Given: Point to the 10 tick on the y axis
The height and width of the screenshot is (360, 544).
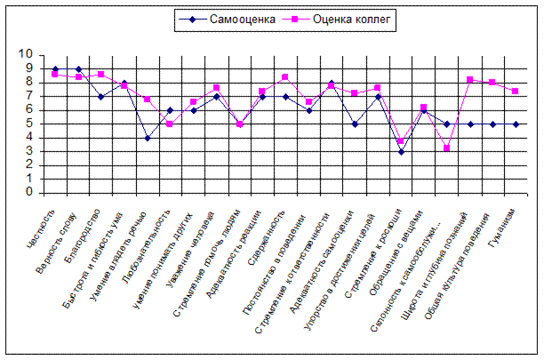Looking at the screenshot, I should [26, 55].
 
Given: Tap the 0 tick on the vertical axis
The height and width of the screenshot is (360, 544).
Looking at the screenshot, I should [29, 192].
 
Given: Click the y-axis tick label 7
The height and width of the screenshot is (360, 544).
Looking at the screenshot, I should [29, 96].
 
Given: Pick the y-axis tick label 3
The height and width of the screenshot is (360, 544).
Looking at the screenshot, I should [29, 151].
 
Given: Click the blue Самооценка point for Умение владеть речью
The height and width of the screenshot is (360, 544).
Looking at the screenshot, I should [148, 138].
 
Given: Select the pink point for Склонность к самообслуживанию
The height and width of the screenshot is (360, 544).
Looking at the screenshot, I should [446, 148].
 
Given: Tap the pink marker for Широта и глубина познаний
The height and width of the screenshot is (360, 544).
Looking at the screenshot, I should [469, 80].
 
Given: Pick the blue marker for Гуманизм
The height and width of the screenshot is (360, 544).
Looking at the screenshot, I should [516, 124].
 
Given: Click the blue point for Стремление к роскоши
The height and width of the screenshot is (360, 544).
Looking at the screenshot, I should [400, 152].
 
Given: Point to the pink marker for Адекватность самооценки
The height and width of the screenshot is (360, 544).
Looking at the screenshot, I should [354, 93].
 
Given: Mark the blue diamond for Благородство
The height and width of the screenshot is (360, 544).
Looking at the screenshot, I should [101, 96].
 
